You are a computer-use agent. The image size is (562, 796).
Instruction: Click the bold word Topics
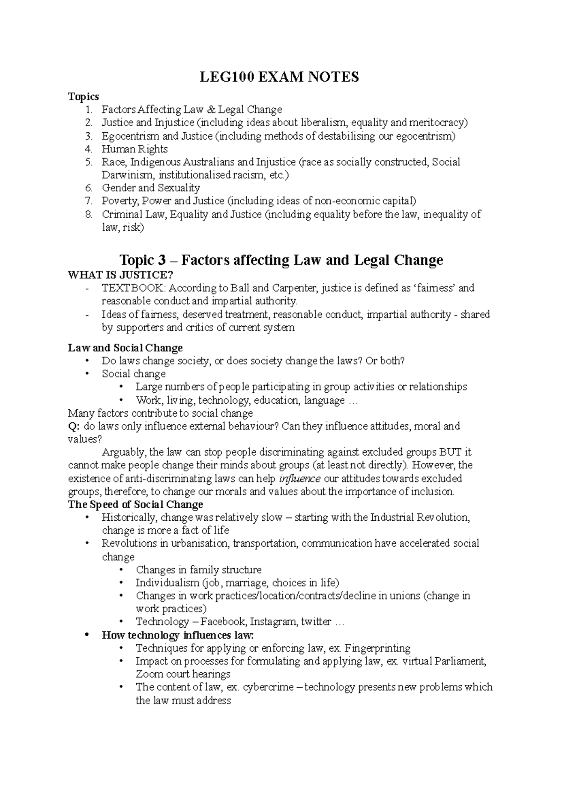pyautogui.click(x=83, y=97)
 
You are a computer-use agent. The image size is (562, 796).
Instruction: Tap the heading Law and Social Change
pyautogui.click(x=125, y=348)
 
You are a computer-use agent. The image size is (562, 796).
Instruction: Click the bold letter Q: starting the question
pyautogui.click(x=74, y=426)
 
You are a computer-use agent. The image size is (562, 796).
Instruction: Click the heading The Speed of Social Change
pyautogui.click(x=135, y=504)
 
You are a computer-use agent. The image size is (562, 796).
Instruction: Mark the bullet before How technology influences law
pyautogui.click(x=86, y=636)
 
